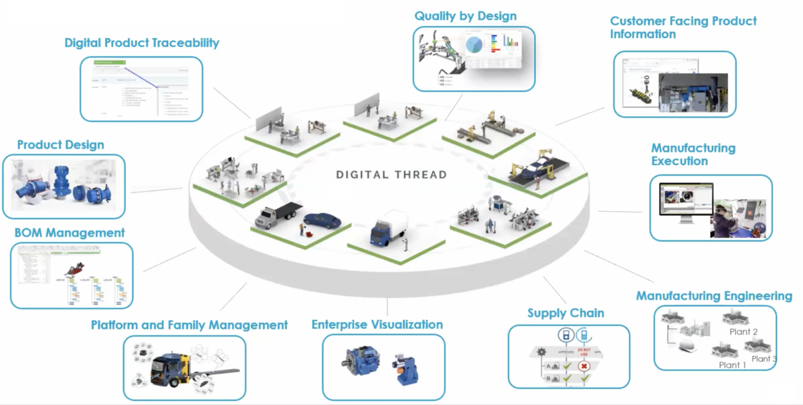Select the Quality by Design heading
tap(465, 15)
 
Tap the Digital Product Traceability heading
tap(142, 43)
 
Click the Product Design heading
tap(60, 144)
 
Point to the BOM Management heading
tap(70, 233)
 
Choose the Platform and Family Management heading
tap(189, 325)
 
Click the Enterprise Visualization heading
tap(377, 325)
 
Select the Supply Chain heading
tap(565, 313)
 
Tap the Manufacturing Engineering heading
tap(714, 296)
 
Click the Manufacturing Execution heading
tap(693, 154)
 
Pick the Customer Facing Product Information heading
tap(683, 27)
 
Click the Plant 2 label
tap(743, 331)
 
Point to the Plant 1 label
tap(733, 365)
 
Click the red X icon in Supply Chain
tap(584, 366)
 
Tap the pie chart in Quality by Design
tap(474, 45)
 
